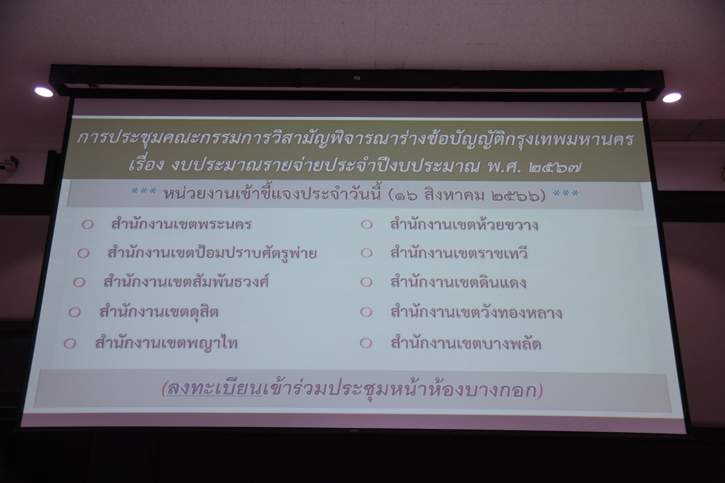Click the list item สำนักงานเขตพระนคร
181,224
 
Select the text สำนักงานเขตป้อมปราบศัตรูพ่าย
212,253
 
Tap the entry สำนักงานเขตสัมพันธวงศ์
186,282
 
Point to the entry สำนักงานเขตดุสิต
159,312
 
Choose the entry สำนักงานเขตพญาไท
166,342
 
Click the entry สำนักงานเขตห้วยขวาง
464,225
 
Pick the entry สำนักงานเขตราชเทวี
459,253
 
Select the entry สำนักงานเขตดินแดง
458,282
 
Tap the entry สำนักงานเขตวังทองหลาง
476,312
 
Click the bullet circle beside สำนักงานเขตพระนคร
87,225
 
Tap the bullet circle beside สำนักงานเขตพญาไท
70,343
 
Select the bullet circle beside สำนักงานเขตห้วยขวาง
366,225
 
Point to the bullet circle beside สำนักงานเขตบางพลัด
366,343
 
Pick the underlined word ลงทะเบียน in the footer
214,390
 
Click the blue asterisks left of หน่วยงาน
144,192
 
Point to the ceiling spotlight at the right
672,97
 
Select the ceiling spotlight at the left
44,92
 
